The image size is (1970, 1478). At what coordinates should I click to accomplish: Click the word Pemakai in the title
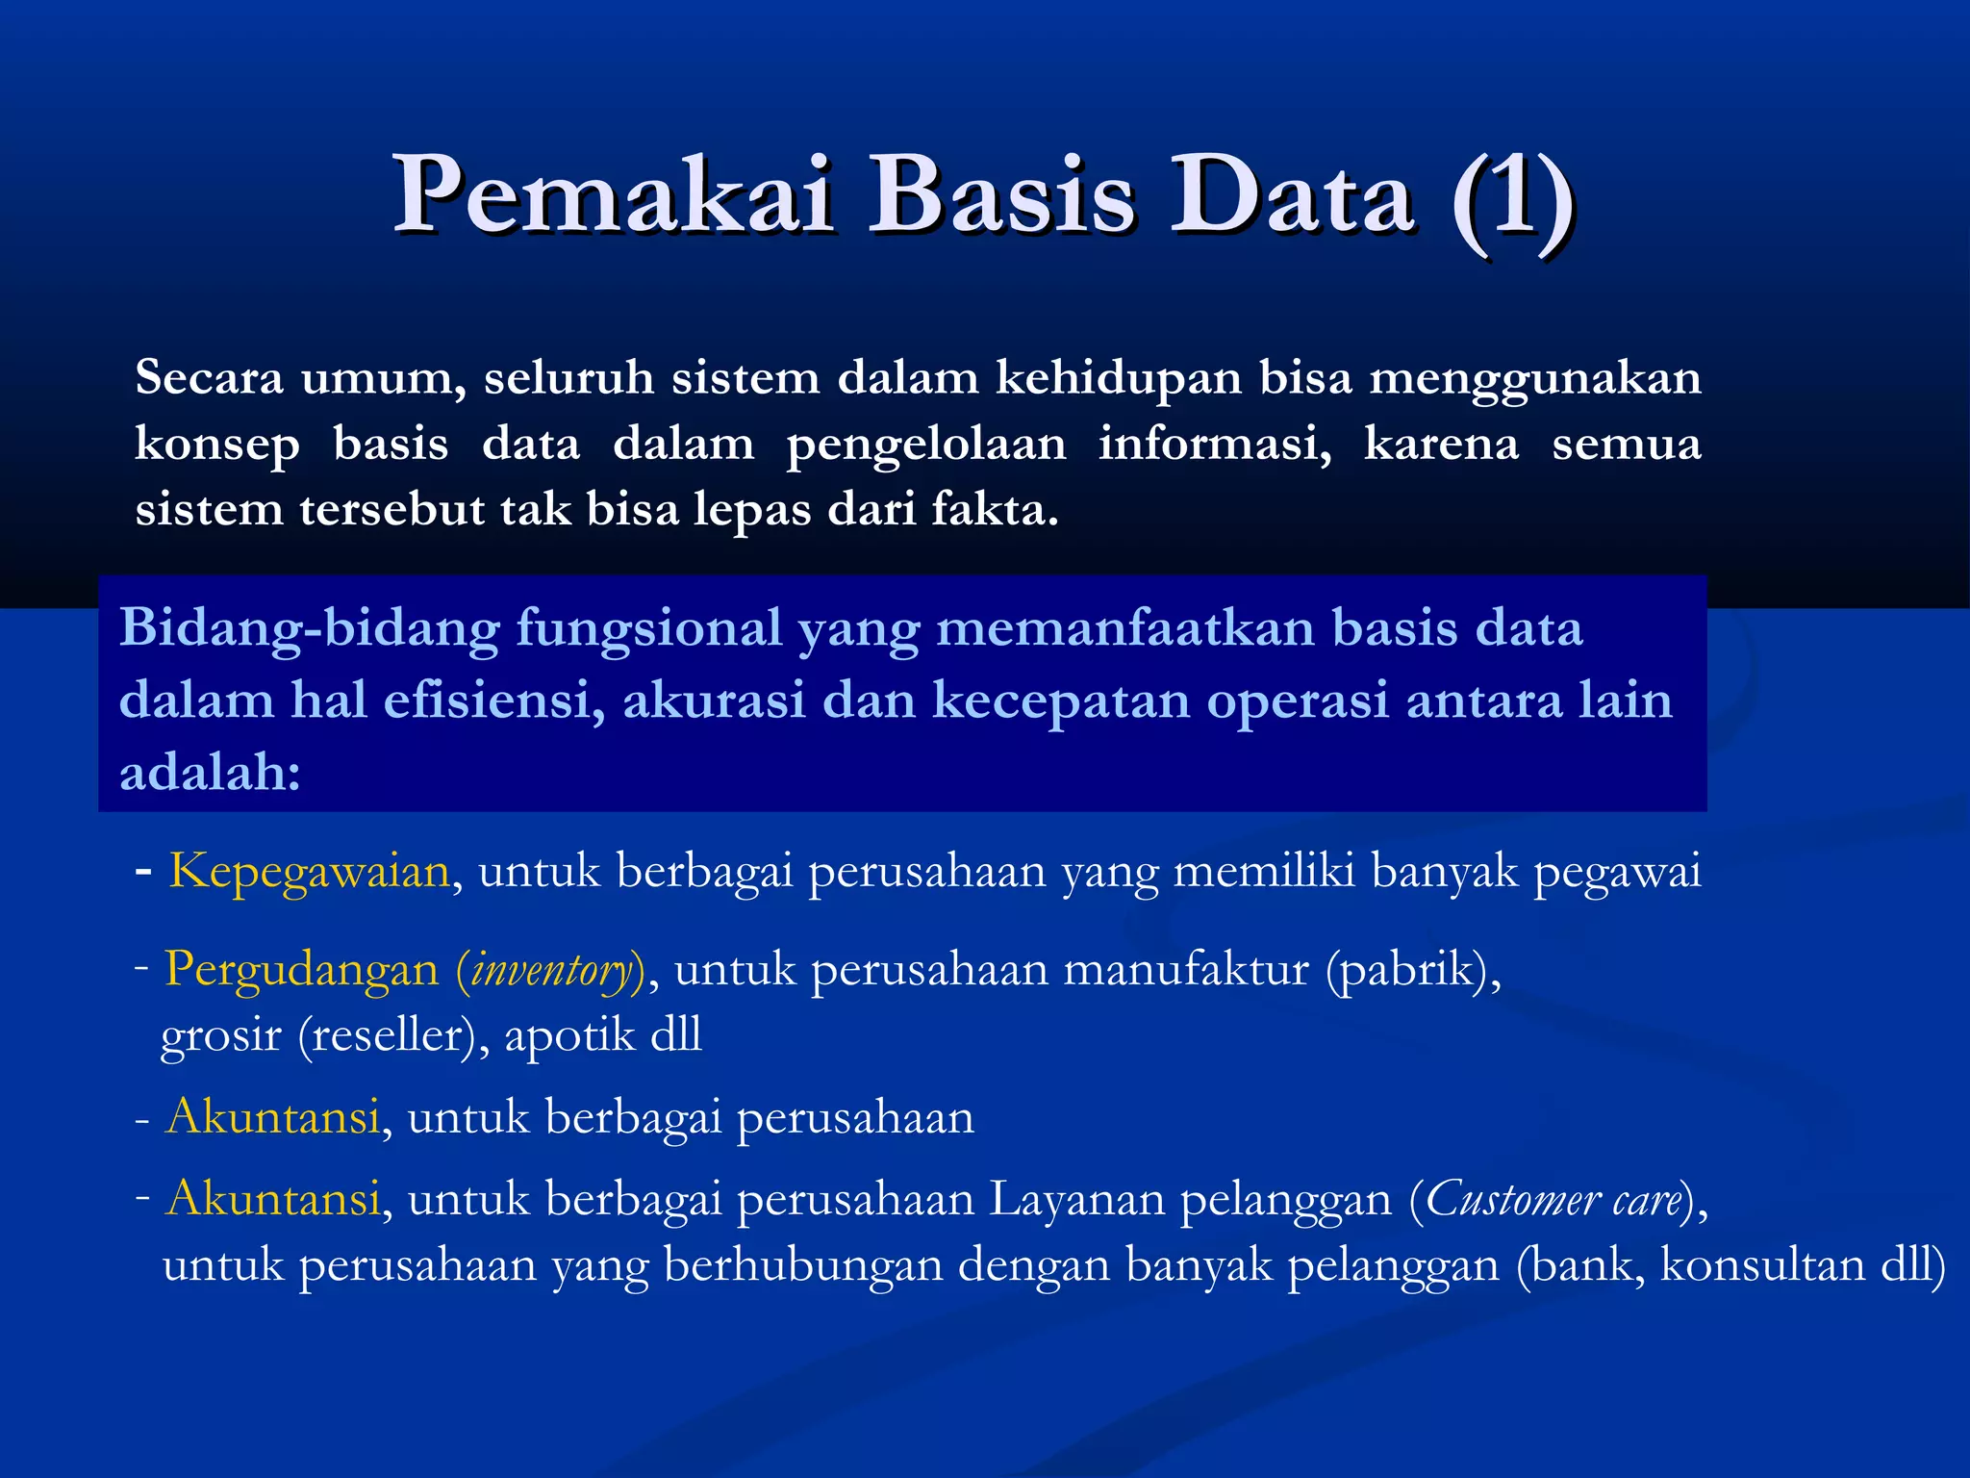tap(614, 197)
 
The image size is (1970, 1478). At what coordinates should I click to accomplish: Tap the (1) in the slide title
tap(1512, 199)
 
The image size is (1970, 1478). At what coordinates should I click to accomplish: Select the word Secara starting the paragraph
tap(209, 377)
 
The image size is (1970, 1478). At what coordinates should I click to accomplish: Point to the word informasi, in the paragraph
tap(1215, 445)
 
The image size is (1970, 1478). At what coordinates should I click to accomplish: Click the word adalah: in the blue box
tap(210, 772)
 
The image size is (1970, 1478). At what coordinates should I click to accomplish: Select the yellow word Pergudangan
tap(301, 969)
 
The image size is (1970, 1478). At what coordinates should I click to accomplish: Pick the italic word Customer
tap(1513, 1200)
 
